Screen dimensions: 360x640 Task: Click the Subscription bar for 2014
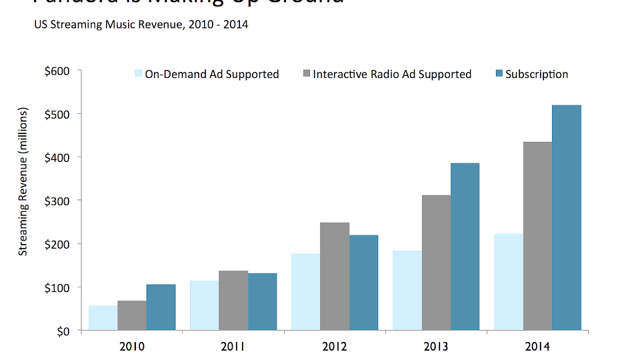coord(566,217)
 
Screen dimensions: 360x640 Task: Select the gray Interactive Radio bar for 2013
coord(436,262)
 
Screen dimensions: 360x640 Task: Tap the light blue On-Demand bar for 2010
coord(103,318)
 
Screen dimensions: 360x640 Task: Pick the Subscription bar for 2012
coord(363,282)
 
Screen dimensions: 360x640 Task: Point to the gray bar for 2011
coord(233,300)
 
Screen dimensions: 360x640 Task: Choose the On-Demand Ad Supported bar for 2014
coord(508,282)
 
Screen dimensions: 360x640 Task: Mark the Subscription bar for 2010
coord(161,307)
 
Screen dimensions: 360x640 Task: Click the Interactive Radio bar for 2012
coord(334,276)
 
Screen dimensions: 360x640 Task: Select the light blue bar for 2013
coord(407,290)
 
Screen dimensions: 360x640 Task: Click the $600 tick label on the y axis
coord(56,71)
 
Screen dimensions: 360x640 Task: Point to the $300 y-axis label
coord(56,200)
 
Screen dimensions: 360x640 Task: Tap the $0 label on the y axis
coord(62,331)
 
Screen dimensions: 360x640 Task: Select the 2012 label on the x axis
coord(334,346)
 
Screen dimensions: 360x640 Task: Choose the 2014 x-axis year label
coord(537,346)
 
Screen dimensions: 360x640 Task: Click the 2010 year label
coord(132,346)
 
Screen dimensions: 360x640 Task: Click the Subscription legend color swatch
coord(498,74)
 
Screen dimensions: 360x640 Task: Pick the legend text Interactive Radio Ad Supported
coord(392,74)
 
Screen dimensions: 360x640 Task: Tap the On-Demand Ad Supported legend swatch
coord(138,74)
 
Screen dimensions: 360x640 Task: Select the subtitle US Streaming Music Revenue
coord(141,24)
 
